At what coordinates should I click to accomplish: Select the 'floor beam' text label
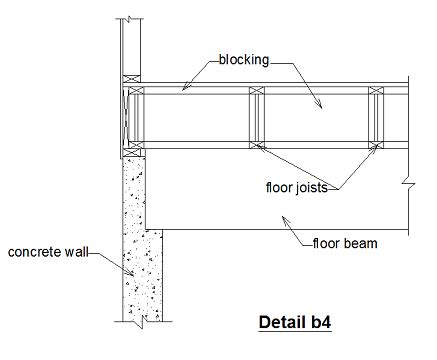coord(344,242)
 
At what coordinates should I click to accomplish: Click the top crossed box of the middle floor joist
coord(257,95)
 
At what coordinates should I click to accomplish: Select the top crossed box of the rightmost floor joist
coord(376,95)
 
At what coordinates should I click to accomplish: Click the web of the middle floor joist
coord(257,118)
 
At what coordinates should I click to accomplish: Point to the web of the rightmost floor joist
coord(376,118)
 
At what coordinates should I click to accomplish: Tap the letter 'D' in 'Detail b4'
coord(264,323)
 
